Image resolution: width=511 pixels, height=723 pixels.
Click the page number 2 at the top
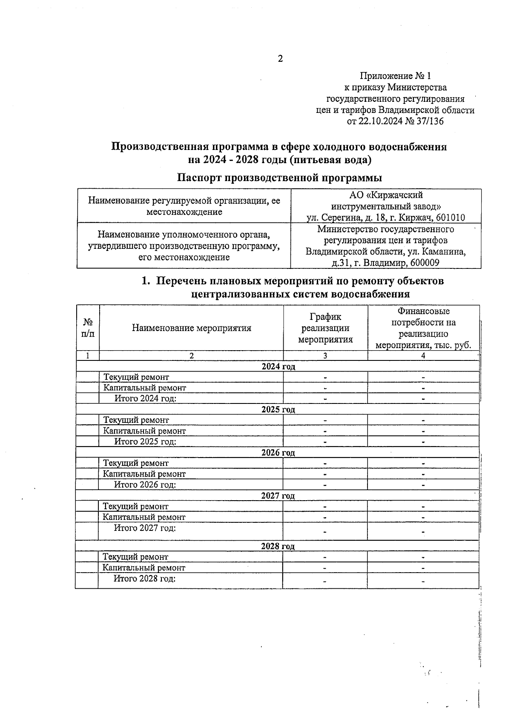tap(280, 59)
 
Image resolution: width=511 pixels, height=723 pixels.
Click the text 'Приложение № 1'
tap(395, 76)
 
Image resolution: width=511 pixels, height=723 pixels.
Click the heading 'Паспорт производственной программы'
tap(279, 177)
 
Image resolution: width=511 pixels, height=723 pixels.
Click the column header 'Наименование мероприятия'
tap(191, 328)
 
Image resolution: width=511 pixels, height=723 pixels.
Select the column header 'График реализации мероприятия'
tap(325, 328)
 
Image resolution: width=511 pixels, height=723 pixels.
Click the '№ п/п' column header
tap(88, 328)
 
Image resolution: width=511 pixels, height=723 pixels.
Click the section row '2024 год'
tap(278, 366)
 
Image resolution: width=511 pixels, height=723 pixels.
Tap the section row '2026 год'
tap(278, 452)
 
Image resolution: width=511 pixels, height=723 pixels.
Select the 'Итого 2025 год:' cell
tap(145, 441)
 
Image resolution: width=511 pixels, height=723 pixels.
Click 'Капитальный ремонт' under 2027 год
tap(144, 517)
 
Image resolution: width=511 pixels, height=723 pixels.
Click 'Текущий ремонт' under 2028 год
tap(135, 557)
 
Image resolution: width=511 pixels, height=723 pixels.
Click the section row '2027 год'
tap(278, 495)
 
